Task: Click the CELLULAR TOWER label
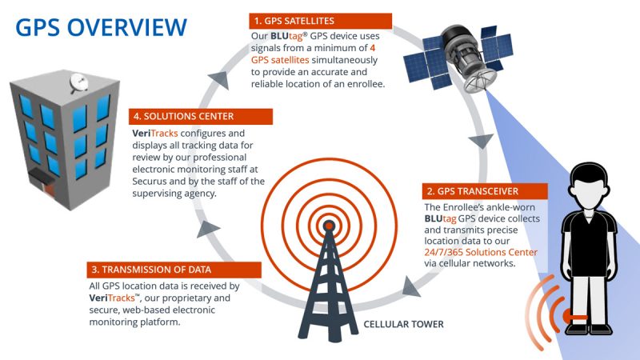coord(402,325)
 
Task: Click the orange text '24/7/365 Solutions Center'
coord(480,252)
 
